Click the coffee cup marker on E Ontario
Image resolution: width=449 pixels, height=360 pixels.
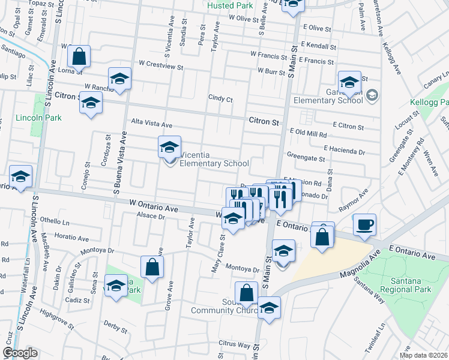(x=364, y=225)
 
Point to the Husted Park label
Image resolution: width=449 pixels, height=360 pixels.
(x=230, y=5)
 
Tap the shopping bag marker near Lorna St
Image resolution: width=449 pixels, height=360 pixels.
(x=79, y=57)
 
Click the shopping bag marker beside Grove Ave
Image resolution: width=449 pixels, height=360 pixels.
(x=152, y=267)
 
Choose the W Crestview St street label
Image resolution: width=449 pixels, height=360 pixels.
(x=161, y=63)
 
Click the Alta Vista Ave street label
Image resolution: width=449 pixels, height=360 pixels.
(x=152, y=124)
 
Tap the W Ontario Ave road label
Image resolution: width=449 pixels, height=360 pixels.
(x=154, y=206)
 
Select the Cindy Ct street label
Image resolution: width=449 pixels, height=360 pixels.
(x=220, y=98)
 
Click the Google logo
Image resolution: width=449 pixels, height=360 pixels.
(x=20, y=353)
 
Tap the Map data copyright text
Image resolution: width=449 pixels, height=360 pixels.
(x=424, y=355)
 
